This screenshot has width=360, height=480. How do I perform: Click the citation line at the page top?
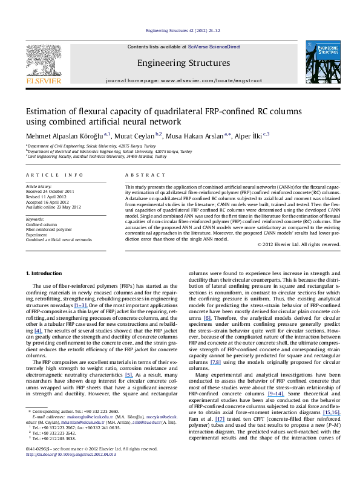pyautogui.click(x=179, y=31)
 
